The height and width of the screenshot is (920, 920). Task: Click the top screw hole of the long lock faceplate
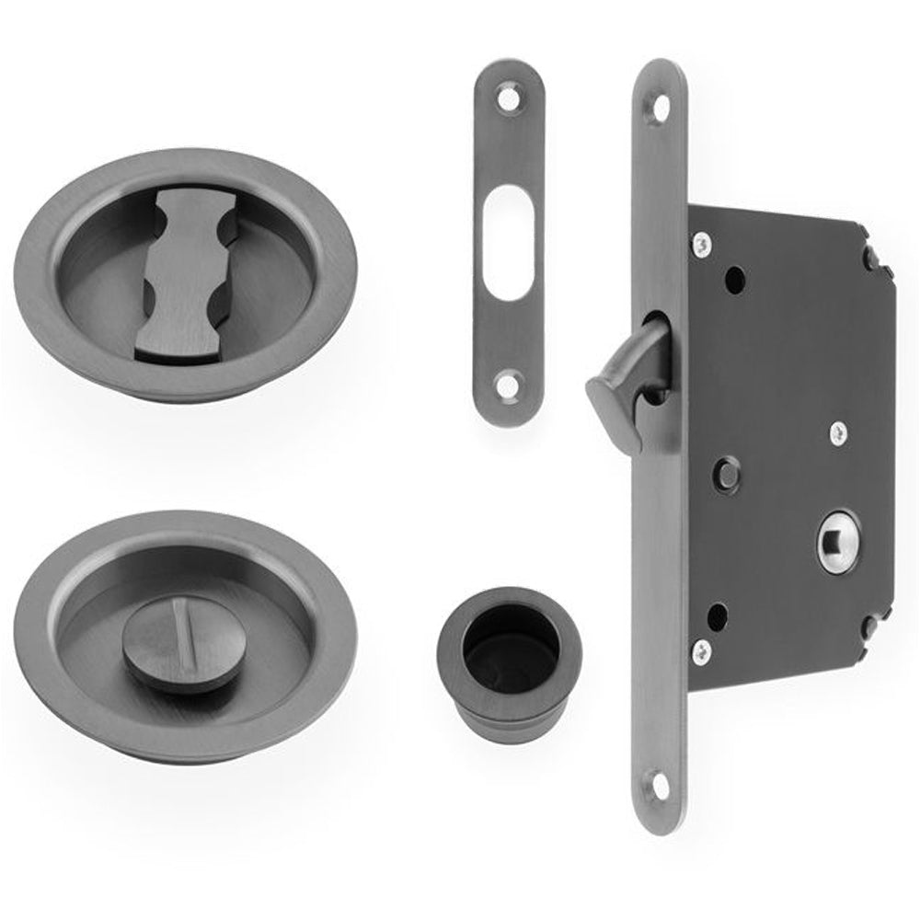659,108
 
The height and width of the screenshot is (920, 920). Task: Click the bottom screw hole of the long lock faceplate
659,784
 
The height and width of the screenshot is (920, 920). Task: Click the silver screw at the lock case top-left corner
702,245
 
